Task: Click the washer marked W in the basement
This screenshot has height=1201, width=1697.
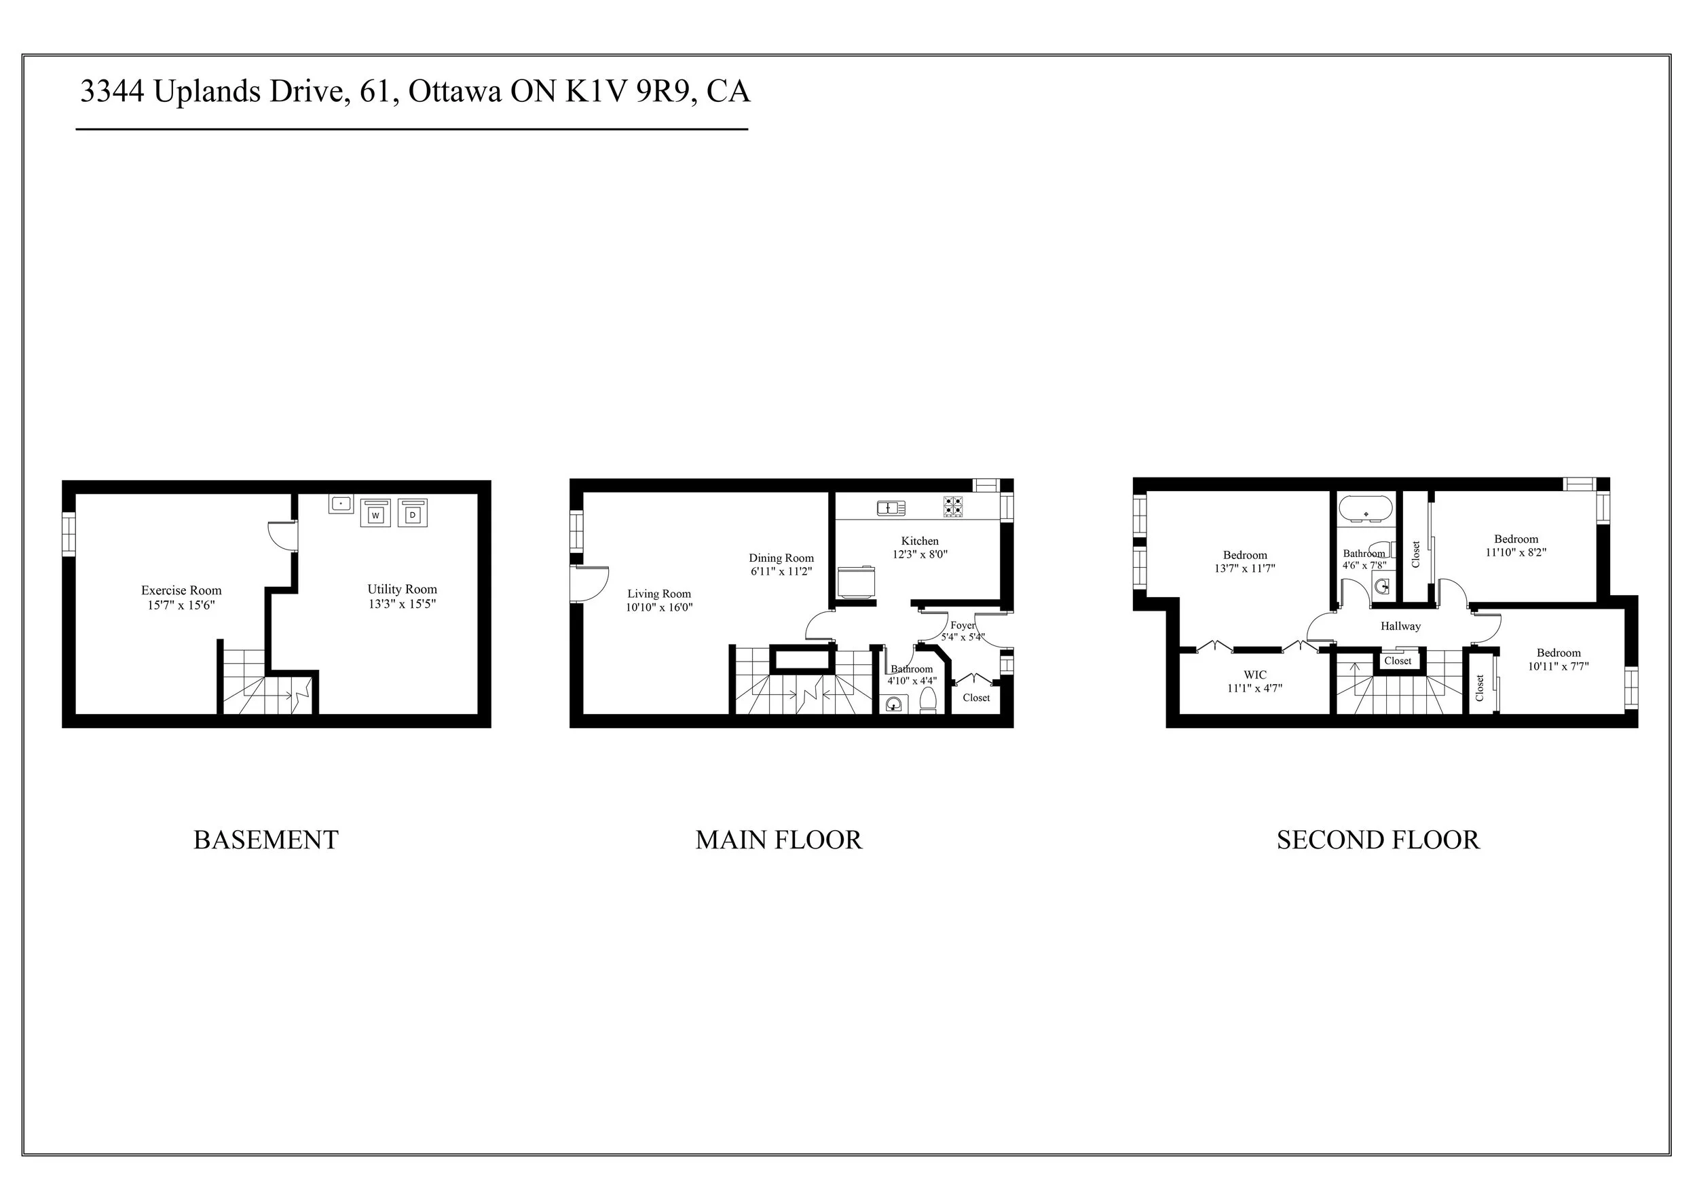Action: (375, 514)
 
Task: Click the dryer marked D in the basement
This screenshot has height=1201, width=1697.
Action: (413, 514)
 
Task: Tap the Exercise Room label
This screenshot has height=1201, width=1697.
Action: (181, 590)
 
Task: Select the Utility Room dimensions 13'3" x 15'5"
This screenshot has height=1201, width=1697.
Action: (402, 603)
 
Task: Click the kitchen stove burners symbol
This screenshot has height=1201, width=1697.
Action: (953, 507)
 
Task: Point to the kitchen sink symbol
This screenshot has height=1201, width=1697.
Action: (891, 507)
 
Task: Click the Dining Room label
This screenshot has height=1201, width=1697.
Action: (781, 558)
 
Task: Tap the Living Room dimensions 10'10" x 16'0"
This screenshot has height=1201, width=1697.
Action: (658, 608)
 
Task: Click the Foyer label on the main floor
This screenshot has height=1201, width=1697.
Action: (963, 625)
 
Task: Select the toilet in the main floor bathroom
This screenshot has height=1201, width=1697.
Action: (928, 699)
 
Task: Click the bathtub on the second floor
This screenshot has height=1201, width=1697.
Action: (1366, 509)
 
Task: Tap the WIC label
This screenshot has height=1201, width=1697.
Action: (1255, 675)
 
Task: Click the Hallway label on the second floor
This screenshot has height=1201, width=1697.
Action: (1400, 626)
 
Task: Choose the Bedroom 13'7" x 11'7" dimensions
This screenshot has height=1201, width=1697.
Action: (1245, 569)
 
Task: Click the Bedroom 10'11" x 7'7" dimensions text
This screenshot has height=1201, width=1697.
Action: (1558, 666)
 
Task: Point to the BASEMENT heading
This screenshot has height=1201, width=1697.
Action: (266, 840)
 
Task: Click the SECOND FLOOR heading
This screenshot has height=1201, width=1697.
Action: (1378, 840)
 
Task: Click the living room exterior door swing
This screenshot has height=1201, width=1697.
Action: (591, 584)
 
